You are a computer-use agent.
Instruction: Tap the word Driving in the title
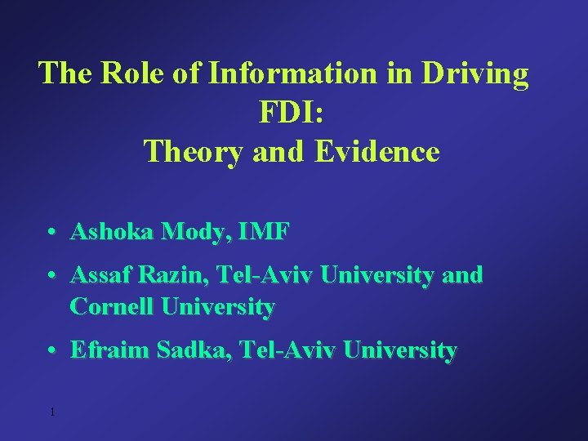point(475,73)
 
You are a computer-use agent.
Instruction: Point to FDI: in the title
point(292,113)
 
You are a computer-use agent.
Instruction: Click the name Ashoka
point(114,232)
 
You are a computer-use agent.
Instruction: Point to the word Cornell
point(111,307)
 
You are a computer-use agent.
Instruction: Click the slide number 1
point(51,412)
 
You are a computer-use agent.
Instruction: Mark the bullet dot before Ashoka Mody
point(51,233)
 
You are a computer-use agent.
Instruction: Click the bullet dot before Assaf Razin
point(51,276)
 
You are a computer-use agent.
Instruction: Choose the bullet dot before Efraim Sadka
point(51,351)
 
